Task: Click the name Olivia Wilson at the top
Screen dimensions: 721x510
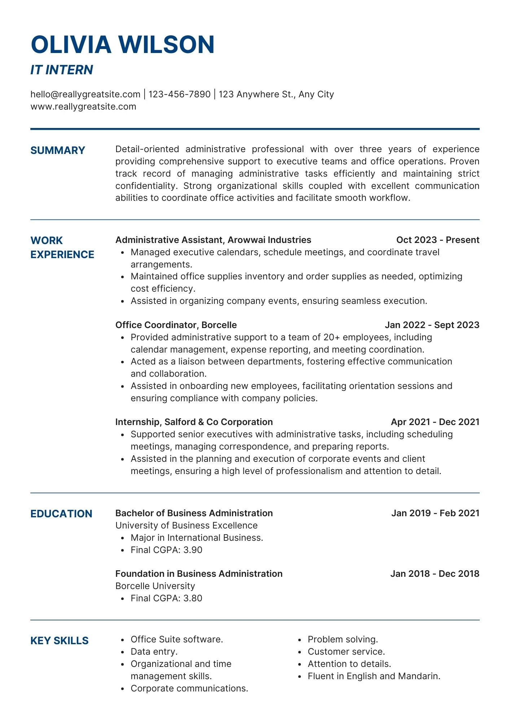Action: tap(123, 45)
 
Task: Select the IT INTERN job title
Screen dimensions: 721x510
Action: tap(62, 70)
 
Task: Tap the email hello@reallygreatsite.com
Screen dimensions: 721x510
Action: tap(85, 94)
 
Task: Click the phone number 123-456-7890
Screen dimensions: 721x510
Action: tap(179, 94)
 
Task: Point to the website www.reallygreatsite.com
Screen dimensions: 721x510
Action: tap(83, 107)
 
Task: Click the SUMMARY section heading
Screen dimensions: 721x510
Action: tap(58, 150)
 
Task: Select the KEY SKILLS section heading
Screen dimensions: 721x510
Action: tap(60, 641)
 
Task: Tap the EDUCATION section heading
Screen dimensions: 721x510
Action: tap(61, 514)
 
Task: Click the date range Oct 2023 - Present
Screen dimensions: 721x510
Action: tap(438, 240)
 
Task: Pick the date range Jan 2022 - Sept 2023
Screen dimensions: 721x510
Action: tap(432, 325)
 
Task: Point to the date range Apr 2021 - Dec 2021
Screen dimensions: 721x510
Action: tap(435, 422)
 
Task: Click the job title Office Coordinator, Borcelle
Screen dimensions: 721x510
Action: tap(176, 325)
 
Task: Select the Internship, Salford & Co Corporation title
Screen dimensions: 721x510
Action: tap(194, 422)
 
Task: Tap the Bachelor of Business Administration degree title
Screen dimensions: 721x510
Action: tap(194, 513)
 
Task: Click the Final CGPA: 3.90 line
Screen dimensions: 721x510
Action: tap(166, 550)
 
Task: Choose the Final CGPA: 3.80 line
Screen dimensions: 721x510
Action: tap(166, 598)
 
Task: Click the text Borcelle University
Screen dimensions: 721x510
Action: tap(155, 586)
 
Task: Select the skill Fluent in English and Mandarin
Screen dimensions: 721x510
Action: tap(374, 676)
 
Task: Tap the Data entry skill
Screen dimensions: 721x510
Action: tap(154, 652)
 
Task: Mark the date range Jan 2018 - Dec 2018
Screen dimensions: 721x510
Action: tap(435, 574)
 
